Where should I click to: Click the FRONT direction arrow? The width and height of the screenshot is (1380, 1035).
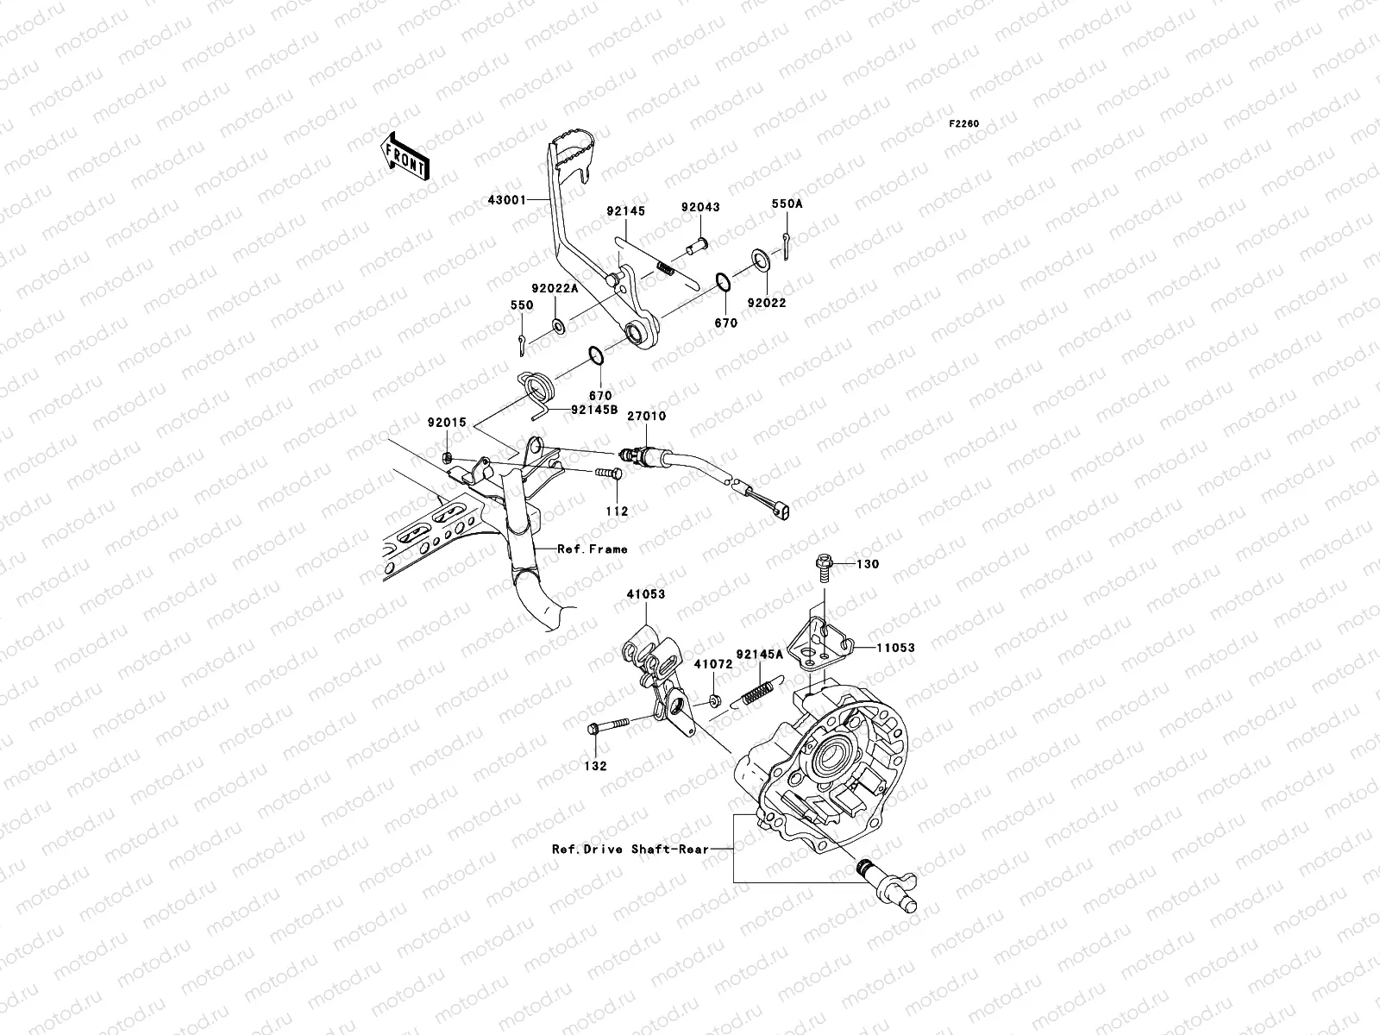tap(405, 157)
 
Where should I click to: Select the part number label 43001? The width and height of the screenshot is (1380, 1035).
tap(507, 200)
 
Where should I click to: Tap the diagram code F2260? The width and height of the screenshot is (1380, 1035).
tap(963, 124)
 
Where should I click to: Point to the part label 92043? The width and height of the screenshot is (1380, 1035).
tap(700, 207)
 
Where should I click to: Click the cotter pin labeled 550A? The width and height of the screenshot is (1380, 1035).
tap(786, 246)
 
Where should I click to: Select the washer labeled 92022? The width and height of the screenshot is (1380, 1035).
tap(760, 260)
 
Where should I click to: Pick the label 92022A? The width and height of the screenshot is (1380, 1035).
tap(555, 288)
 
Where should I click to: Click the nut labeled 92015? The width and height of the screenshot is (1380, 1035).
tap(447, 457)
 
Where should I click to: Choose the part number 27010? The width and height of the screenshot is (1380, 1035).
tap(646, 416)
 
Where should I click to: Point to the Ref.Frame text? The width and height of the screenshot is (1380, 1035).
tap(593, 549)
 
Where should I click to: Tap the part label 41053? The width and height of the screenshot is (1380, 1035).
tap(646, 594)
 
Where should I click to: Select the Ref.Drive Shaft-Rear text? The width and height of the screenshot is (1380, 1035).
tap(630, 850)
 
